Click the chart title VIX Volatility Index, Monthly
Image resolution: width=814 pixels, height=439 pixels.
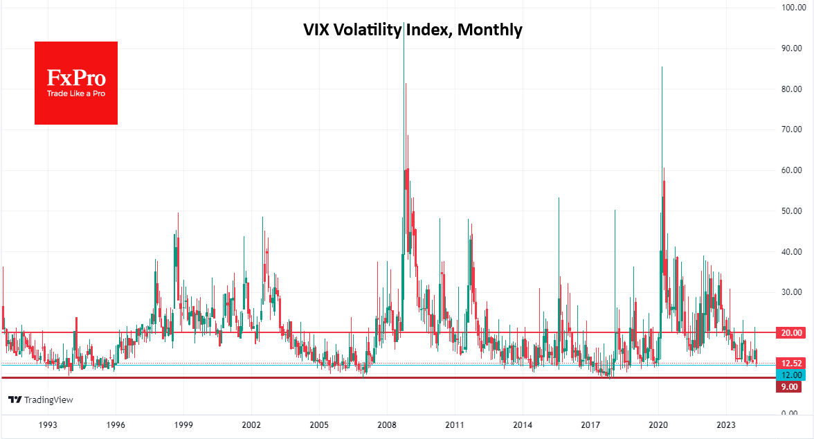tap(413, 30)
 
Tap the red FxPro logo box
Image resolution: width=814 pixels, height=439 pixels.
tap(76, 83)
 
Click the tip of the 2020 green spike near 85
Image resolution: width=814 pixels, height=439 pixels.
tap(662, 67)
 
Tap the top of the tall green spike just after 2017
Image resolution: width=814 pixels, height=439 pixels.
tap(614, 210)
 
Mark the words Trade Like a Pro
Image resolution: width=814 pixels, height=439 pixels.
tap(76, 93)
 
